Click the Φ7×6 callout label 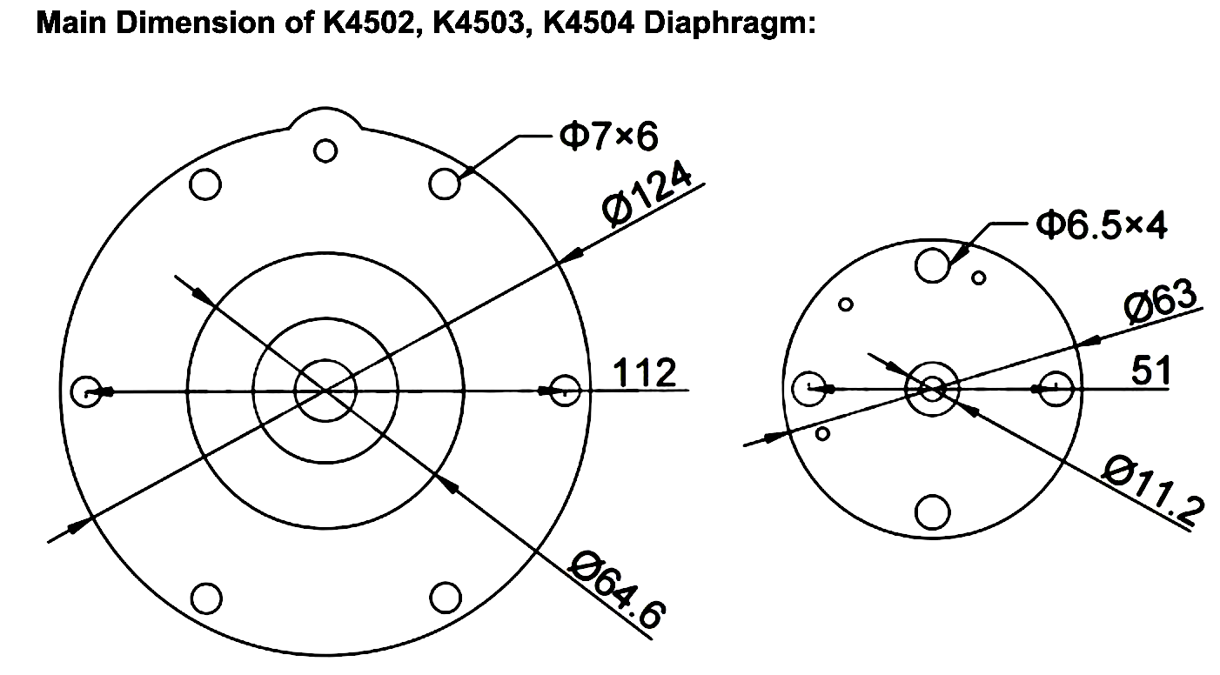click(608, 136)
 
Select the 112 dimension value click(645, 372)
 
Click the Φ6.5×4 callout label click(1101, 224)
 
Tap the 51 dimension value click(1150, 371)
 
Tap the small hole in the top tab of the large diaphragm click(325, 150)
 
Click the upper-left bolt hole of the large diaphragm click(206, 184)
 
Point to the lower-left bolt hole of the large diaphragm click(206, 598)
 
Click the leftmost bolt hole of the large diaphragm click(87, 391)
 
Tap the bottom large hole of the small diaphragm click(933, 511)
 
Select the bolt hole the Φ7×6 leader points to click(446, 184)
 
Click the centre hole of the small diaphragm click(933, 388)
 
